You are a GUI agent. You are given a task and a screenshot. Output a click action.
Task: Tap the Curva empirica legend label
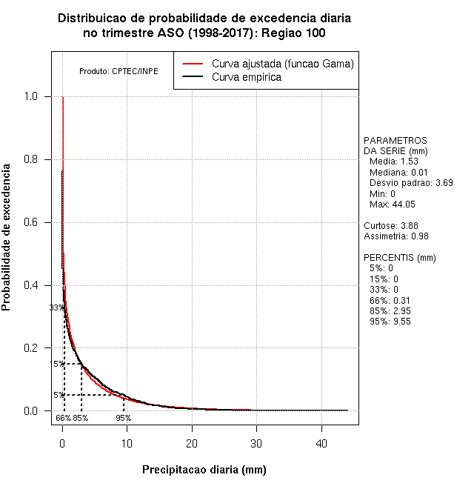pyautogui.click(x=246, y=77)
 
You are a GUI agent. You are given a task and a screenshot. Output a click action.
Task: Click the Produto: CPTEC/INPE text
pyautogui.click(x=118, y=72)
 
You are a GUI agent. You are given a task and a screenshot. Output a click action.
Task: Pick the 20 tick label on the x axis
pyautogui.click(x=192, y=443)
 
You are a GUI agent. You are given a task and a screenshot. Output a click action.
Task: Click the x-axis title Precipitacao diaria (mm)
pyautogui.click(x=204, y=470)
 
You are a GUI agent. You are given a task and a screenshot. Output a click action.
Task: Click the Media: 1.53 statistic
pyautogui.click(x=394, y=162)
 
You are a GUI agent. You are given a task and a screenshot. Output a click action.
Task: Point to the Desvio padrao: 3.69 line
pyautogui.click(x=410, y=182)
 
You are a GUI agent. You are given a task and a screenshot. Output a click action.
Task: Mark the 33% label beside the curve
pyautogui.click(x=56, y=307)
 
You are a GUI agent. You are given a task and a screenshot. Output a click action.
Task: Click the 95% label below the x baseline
pyautogui.click(x=123, y=418)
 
